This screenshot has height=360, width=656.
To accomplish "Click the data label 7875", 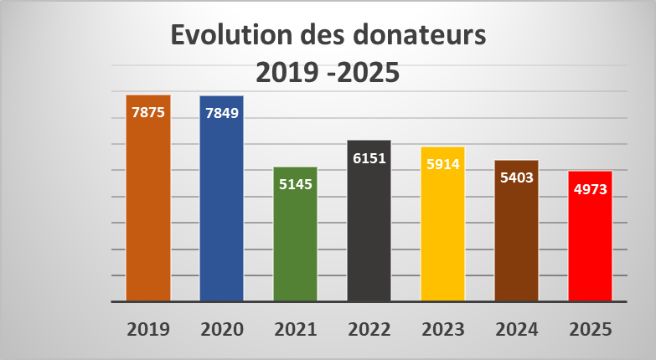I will [x=147, y=112].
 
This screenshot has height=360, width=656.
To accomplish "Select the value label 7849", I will [x=221, y=113].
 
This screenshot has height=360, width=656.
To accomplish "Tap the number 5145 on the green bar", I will [x=295, y=184].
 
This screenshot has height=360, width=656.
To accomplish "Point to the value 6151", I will [x=369, y=157].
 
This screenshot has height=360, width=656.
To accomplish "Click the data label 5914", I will [x=442, y=164].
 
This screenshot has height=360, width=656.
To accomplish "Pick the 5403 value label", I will [x=516, y=177].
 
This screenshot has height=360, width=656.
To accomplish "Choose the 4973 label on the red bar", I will [x=590, y=188].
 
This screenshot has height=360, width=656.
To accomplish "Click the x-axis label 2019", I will [x=147, y=329].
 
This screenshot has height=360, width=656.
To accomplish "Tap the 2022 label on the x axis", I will [x=369, y=329].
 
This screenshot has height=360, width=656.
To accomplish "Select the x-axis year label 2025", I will [x=590, y=329].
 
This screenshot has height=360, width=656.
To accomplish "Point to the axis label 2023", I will [x=442, y=329].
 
